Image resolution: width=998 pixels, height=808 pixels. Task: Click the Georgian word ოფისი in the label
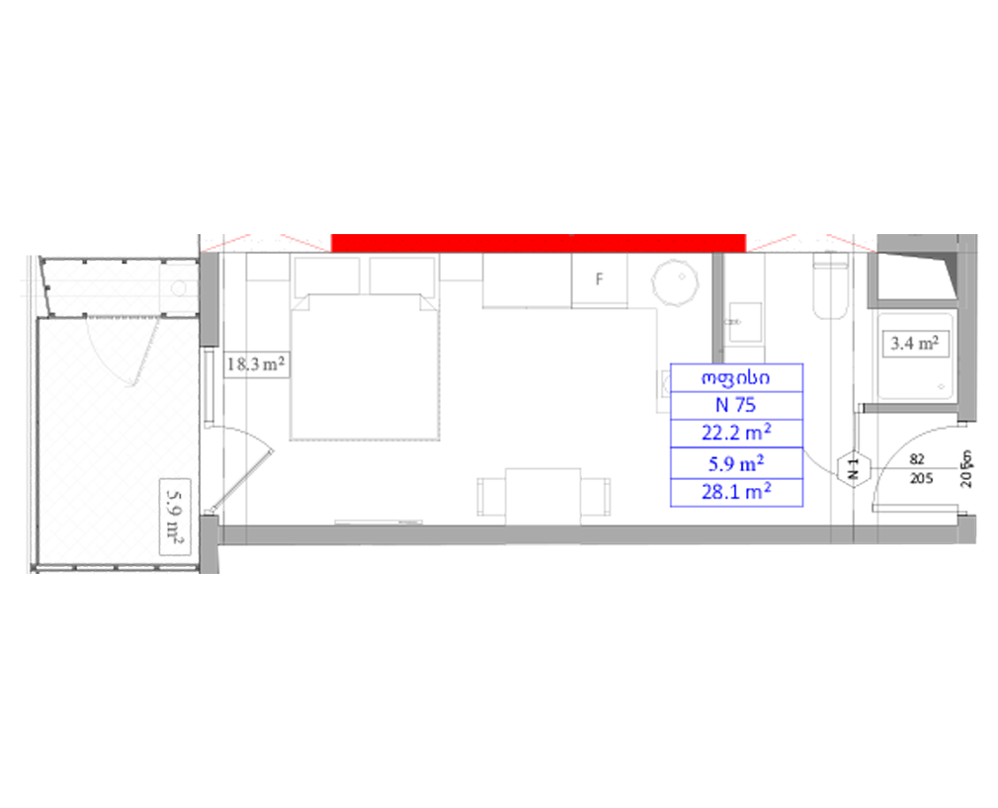pos(735,379)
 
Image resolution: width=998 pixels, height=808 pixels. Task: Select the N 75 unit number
pos(735,405)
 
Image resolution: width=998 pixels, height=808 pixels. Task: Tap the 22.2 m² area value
pos(736,433)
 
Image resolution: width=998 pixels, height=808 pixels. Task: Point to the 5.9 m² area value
pos(736,462)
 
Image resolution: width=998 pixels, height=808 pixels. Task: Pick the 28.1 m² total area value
pos(736,491)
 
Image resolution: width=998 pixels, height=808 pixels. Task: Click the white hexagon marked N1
pos(852,470)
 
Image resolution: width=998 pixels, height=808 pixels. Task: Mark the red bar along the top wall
pos(538,243)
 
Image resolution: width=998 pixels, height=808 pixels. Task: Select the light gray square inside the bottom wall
pos(541,558)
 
